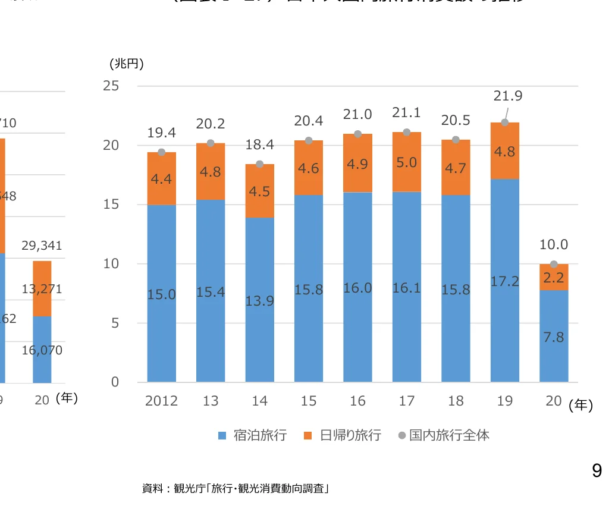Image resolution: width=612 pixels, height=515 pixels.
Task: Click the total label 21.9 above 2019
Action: coord(508,96)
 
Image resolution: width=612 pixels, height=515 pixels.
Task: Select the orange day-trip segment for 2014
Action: coord(260,191)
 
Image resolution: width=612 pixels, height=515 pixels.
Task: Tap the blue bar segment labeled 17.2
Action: coord(505,281)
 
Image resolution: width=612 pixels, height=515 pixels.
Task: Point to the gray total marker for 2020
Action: coord(554,264)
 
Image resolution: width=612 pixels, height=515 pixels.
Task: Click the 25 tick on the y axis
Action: coord(111,86)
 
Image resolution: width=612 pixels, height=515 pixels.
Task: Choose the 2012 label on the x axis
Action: coord(162,401)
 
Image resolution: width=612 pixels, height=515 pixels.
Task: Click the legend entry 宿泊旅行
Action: coord(253,435)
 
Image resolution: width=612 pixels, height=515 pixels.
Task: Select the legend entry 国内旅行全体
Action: coord(443,435)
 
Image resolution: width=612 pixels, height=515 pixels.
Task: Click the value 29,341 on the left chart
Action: coord(42,246)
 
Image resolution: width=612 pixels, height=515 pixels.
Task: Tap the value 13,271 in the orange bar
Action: coord(42,290)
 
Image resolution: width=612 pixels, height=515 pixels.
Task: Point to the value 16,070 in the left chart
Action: coord(42,350)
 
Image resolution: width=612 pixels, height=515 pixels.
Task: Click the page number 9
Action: coord(597,472)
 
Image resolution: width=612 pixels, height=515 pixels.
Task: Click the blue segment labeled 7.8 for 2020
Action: coord(554,337)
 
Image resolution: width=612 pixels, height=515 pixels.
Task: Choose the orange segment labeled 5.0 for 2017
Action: coord(407,162)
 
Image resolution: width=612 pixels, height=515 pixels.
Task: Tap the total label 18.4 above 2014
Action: coord(259,145)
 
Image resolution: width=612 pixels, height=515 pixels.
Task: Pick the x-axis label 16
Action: coord(357,401)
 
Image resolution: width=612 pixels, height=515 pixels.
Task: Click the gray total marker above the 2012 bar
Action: coord(162,152)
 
